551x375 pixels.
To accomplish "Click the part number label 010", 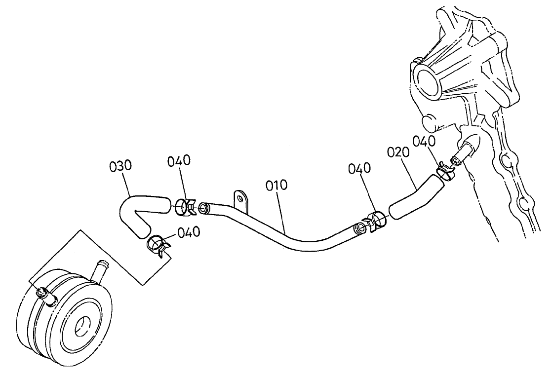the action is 276,186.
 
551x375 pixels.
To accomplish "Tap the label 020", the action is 398,152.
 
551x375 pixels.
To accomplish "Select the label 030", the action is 120,166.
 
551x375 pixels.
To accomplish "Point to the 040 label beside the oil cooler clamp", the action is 189,232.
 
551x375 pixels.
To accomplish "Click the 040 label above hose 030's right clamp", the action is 179,160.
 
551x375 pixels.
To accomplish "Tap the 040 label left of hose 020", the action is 359,168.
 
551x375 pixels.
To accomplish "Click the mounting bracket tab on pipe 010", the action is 241,201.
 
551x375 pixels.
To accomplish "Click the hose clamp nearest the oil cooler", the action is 158,245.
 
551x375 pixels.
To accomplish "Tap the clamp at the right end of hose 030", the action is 185,207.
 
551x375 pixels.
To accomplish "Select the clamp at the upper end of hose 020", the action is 445,171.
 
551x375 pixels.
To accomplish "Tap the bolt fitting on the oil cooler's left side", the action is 47,295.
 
